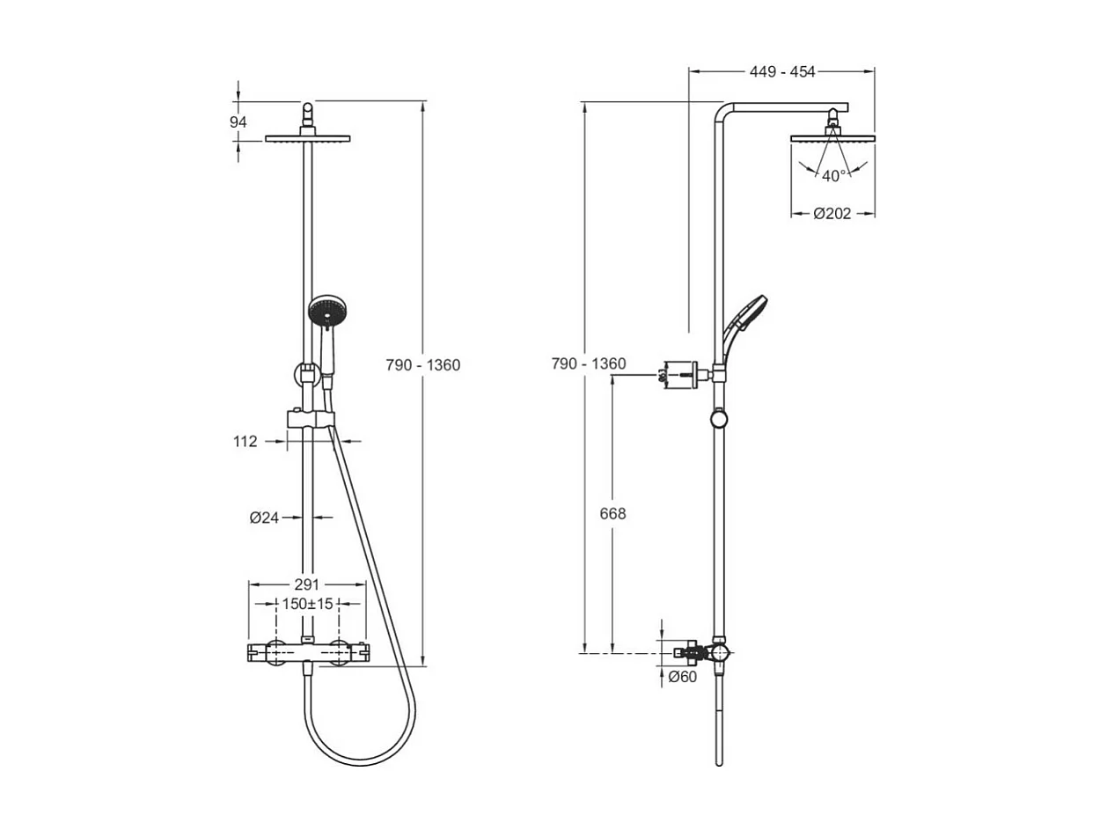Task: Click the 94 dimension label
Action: (x=238, y=122)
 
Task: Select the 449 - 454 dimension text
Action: (x=782, y=72)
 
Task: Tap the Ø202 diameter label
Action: (x=832, y=214)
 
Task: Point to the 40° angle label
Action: (x=834, y=175)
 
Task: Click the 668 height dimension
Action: (x=612, y=514)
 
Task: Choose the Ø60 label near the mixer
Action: (x=682, y=677)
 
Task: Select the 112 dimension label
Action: (x=246, y=442)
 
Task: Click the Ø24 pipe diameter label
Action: (x=264, y=518)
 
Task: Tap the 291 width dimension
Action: (x=306, y=584)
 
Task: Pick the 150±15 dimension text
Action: (x=306, y=604)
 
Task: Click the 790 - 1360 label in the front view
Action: (x=423, y=365)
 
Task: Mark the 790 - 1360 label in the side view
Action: (x=589, y=364)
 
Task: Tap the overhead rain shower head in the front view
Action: (x=308, y=138)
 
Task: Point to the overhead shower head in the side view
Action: (x=832, y=137)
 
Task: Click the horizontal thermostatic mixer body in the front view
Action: (x=306, y=652)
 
